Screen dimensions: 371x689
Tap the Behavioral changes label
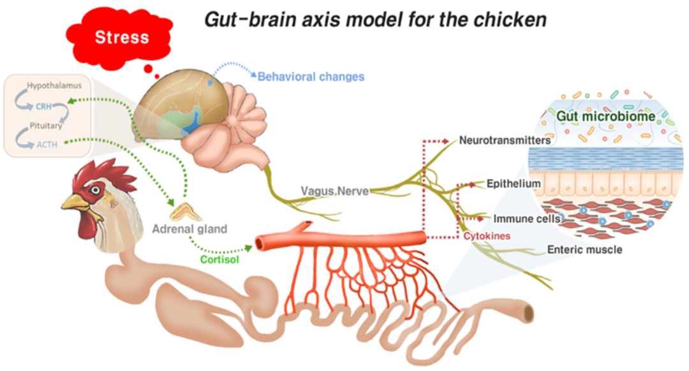tap(311, 76)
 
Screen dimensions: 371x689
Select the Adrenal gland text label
tap(189, 228)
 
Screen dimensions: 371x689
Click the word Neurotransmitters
tap(505, 140)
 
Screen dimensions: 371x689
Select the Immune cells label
tap(518, 219)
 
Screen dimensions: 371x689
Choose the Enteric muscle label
tap(584, 249)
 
